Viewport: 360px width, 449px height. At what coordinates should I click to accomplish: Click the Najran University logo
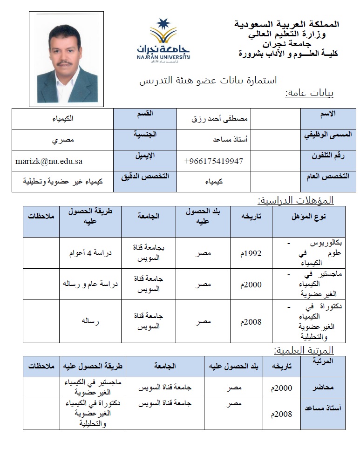tap(163, 40)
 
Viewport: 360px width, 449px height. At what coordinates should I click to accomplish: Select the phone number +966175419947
tap(213, 161)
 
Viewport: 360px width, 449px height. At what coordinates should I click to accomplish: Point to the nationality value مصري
tap(62, 140)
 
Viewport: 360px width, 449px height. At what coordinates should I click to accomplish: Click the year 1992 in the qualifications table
tap(252, 254)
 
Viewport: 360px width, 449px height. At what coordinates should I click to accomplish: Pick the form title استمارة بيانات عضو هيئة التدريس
tap(208, 80)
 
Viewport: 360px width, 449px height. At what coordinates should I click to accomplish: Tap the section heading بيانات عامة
tap(309, 93)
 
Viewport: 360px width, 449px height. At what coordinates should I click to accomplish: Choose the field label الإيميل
tap(145, 155)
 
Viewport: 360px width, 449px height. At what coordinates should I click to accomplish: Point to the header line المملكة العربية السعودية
tap(286, 24)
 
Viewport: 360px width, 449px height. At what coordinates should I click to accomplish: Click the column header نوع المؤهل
tap(308, 217)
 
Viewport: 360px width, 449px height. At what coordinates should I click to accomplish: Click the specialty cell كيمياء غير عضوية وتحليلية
tap(62, 182)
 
